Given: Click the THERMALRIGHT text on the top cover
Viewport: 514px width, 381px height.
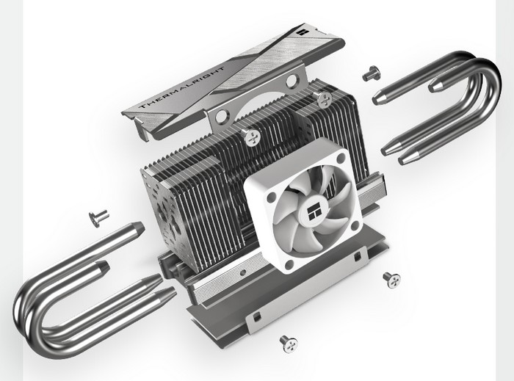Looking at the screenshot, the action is click(182, 87).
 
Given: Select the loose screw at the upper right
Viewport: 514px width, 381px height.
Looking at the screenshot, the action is click(371, 73).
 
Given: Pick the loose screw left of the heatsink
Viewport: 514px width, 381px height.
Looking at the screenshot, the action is click(98, 217).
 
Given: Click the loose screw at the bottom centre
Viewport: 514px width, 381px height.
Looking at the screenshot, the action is click(289, 344).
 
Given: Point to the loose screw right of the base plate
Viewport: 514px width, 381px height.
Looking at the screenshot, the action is click(391, 280).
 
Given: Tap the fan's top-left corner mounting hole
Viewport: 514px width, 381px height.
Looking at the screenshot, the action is click(272, 197).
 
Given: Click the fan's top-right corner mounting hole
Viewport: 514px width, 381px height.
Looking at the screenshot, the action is click(341, 159).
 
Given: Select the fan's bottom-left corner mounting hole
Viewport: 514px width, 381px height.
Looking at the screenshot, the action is click(289, 264).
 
